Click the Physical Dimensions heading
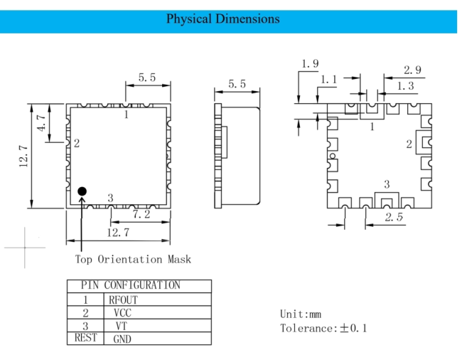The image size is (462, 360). [222, 19]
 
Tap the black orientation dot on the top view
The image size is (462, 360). [82, 191]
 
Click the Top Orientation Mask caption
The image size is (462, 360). [133, 260]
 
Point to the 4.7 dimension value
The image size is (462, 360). [41, 123]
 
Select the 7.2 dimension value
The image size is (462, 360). [141, 214]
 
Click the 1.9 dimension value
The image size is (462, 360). [310, 64]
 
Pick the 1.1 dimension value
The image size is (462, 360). [328, 79]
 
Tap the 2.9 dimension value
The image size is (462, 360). [412, 70]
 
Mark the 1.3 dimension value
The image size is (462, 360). [405, 86]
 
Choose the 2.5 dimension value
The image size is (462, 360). [394, 217]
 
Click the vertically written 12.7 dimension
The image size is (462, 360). [23, 157]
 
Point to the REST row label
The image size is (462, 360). [85, 338]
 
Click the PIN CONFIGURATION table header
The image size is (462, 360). [131, 285]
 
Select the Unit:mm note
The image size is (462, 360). [301, 314]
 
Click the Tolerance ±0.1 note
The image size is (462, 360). [323, 328]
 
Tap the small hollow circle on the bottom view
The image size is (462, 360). [333, 156]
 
